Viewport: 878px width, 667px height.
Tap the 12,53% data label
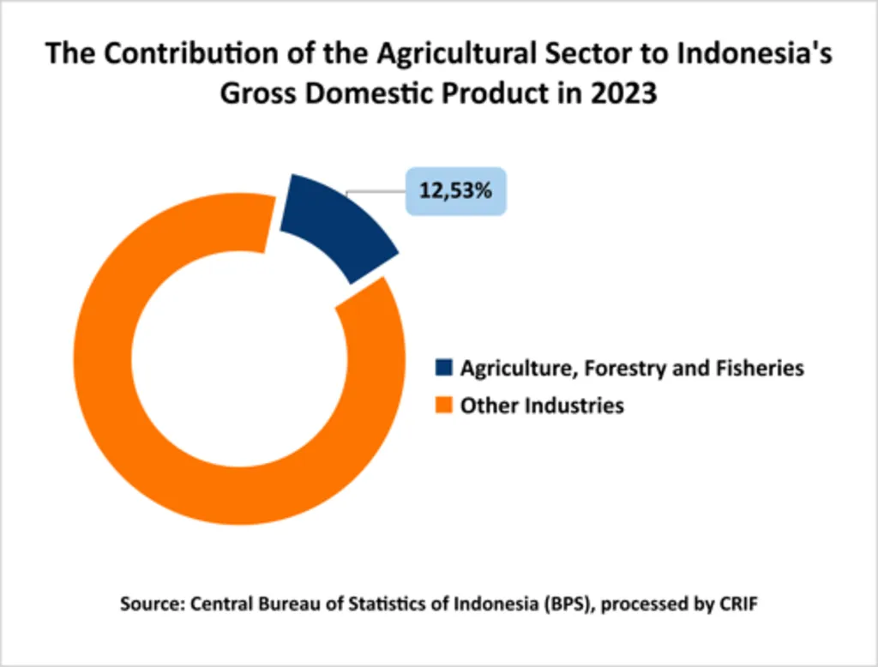coord(456,191)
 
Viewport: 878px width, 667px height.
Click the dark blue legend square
coord(443,368)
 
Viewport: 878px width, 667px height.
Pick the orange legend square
coord(443,405)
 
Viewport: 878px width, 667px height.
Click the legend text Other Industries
coord(542,406)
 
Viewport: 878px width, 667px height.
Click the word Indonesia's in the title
coord(755,53)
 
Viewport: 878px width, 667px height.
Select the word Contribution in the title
coord(191,53)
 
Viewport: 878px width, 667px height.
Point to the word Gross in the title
coord(258,93)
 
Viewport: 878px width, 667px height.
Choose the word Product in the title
coord(495,93)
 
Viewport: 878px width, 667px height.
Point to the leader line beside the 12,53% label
coord(376,191)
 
